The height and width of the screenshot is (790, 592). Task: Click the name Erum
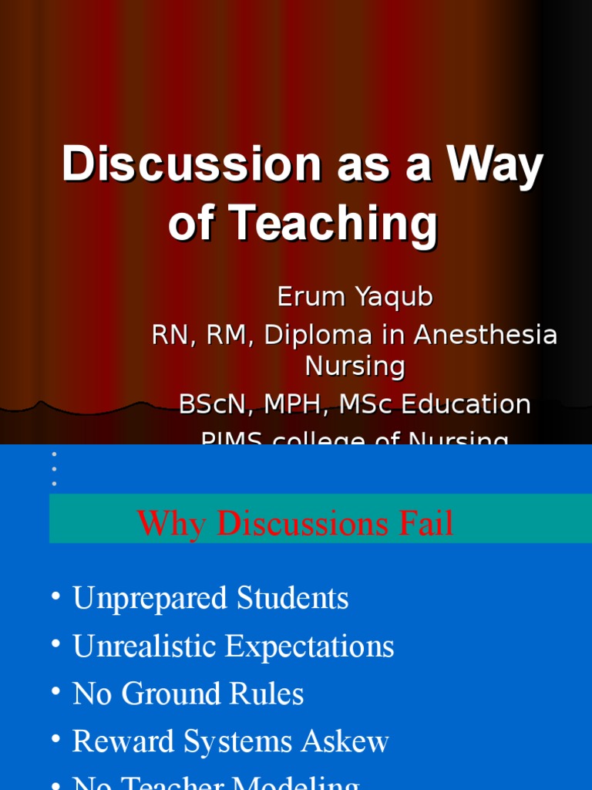tap(309, 296)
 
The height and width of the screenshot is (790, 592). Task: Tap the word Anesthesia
tap(486, 335)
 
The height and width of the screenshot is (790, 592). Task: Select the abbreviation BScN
tap(211, 404)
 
